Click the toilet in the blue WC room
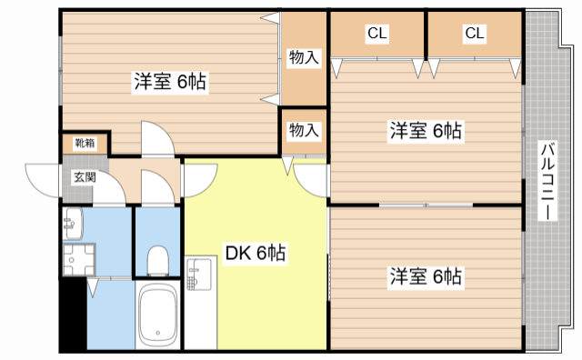157,261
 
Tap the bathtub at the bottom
157,315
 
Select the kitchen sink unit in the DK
200,275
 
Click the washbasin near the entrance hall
73,224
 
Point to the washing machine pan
79,259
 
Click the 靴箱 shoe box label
85,143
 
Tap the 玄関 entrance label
85,177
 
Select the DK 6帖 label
256,253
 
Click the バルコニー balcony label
548,181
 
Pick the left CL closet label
377,34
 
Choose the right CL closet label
475,34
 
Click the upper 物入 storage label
304,57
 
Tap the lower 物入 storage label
304,130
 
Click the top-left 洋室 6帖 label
170,81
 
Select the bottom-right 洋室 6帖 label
426,276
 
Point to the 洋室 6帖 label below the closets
426,131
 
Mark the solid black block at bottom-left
73,315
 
